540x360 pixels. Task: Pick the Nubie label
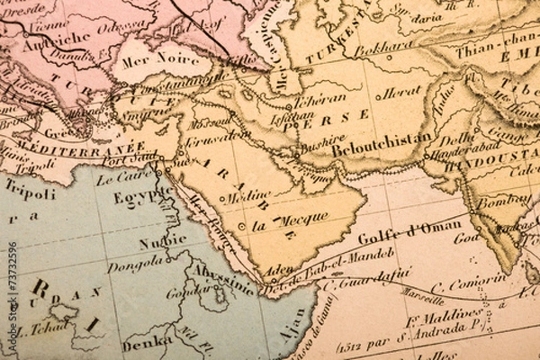[x=163, y=241]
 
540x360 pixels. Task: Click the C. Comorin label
[x=456, y=283]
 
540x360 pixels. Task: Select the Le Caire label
[x=129, y=176]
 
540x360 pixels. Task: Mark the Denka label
[x=148, y=342]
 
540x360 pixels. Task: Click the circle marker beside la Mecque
[x=241, y=225]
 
